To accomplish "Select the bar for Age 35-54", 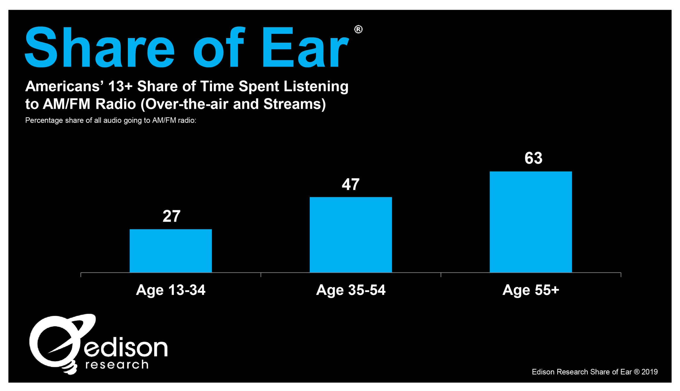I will (351, 235).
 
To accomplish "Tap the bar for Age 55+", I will (531, 222).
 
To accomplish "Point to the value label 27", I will (171, 216).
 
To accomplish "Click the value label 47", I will (351, 184).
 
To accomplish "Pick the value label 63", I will (533, 158).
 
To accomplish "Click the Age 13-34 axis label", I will (171, 290).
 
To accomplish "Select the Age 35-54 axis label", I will (351, 290).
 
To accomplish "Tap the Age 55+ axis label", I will (531, 290).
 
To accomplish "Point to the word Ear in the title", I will (305, 47).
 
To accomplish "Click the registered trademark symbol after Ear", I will (358, 29).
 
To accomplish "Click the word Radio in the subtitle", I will (116, 104).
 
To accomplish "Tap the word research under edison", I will (117, 365).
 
